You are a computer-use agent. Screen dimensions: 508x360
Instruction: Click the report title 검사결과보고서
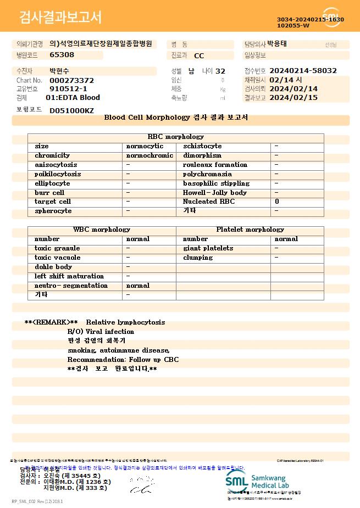tap(60, 18)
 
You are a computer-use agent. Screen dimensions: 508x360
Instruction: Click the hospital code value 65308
tap(62, 55)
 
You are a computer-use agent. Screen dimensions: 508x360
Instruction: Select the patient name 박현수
tap(60, 71)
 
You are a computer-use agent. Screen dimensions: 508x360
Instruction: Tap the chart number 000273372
tap(71, 80)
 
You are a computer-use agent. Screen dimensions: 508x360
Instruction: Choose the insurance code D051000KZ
tap(71, 110)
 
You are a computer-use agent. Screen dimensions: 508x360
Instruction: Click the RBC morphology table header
tap(175, 137)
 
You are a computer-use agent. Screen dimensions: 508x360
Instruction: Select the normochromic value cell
tap(149, 155)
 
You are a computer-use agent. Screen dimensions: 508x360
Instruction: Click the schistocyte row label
tap(202, 146)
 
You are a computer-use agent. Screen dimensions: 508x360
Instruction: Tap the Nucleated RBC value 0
tap(277, 202)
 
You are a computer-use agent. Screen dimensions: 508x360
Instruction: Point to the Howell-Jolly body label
tap(215, 193)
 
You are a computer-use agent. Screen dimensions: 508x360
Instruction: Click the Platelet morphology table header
tap(250, 230)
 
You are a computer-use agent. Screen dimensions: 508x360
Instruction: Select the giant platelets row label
tap(208, 248)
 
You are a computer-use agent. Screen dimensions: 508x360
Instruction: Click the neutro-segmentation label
tap(71, 286)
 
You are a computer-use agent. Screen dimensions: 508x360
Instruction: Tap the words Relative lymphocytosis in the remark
tap(125, 322)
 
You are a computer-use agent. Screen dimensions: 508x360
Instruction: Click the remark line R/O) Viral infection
tap(101, 332)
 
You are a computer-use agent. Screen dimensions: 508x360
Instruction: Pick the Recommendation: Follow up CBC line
tap(123, 360)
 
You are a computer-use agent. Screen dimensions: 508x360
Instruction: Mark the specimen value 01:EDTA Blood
tap(73, 98)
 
